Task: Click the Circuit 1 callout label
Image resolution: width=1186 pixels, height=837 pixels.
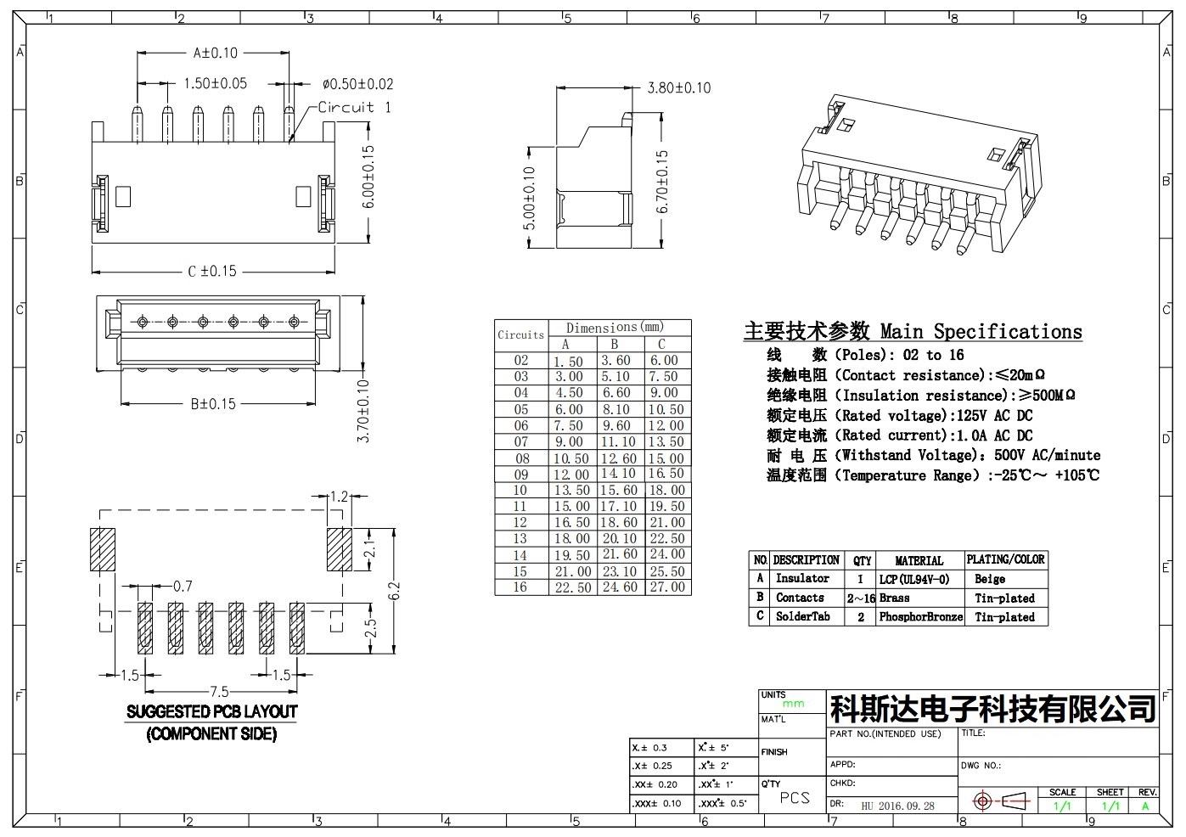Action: pos(354,108)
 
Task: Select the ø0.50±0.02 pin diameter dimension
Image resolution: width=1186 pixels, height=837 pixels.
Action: pos(358,84)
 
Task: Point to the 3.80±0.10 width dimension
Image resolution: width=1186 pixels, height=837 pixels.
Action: pos(679,88)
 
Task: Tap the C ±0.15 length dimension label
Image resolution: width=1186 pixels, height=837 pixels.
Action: pos(212,271)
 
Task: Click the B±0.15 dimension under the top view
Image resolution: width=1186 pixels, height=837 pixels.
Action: pos(213,404)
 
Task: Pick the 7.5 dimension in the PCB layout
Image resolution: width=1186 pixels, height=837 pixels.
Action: pos(219,691)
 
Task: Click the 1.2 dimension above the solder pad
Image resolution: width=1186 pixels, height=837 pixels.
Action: pos(340,497)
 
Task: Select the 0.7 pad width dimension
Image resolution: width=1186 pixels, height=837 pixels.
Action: pos(183,586)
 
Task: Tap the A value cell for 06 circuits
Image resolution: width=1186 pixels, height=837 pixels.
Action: pos(568,425)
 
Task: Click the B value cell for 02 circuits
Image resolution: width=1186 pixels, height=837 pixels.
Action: pos(615,361)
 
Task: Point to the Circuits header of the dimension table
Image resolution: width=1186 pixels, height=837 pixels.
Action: pos(521,334)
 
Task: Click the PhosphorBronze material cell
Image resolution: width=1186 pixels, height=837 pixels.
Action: pos(921,617)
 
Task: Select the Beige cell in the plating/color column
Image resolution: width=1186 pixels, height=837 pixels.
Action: pos(990,579)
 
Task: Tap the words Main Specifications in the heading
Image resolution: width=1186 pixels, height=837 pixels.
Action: pos(981,332)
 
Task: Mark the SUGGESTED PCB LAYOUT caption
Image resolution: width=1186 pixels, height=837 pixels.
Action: pos(211,712)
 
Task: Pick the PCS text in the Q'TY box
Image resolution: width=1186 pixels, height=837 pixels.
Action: pos(795,798)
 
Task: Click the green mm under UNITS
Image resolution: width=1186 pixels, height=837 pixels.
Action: pos(793,704)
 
